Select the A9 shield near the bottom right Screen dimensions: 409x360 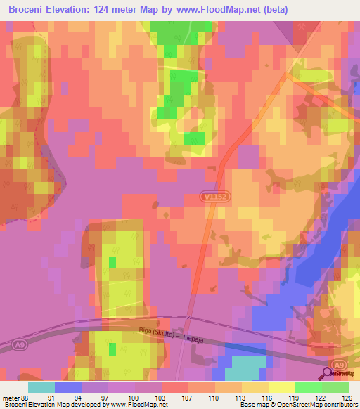click(340, 364)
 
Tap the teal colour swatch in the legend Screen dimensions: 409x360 click(41, 387)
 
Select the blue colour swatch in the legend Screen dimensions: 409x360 click(68, 387)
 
